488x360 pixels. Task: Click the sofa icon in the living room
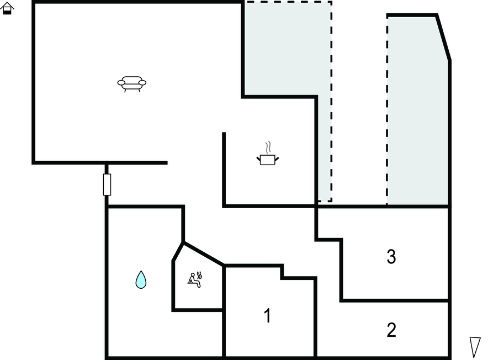pyautogui.click(x=131, y=84)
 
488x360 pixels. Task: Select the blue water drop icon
pyautogui.click(x=141, y=279)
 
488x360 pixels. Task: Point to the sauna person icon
pyautogui.click(x=195, y=279)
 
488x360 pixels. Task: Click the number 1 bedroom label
pyautogui.click(x=267, y=315)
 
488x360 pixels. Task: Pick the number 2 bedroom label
pyautogui.click(x=391, y=330)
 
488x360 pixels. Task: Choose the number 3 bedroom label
pyautogui.click(x=391, y=257)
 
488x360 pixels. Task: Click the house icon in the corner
pyautogui.click(x=7, y=8)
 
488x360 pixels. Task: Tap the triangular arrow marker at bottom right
pyautogui.click(x=475, y=347)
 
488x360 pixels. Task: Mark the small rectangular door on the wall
pyautogui.click(x=107, y=184)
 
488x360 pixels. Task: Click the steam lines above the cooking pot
pyautogui.click(x=268, y=147)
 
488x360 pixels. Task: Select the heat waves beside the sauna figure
pyautogui.click(x=199, y=276)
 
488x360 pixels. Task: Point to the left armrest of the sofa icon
pyautogui.click(x=121, y=83)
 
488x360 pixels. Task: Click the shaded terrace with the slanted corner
pyautogui.click(x=417, y=110)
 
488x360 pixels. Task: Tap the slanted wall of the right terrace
pyautogui.click(x=443, y=38)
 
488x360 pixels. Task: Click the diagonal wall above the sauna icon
pyautogui.click(x=203, y=254)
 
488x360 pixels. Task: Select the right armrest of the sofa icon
pyautogui.click(x=142, y=83)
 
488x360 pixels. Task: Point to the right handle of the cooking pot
pyautogui.click(x=277, y=160)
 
